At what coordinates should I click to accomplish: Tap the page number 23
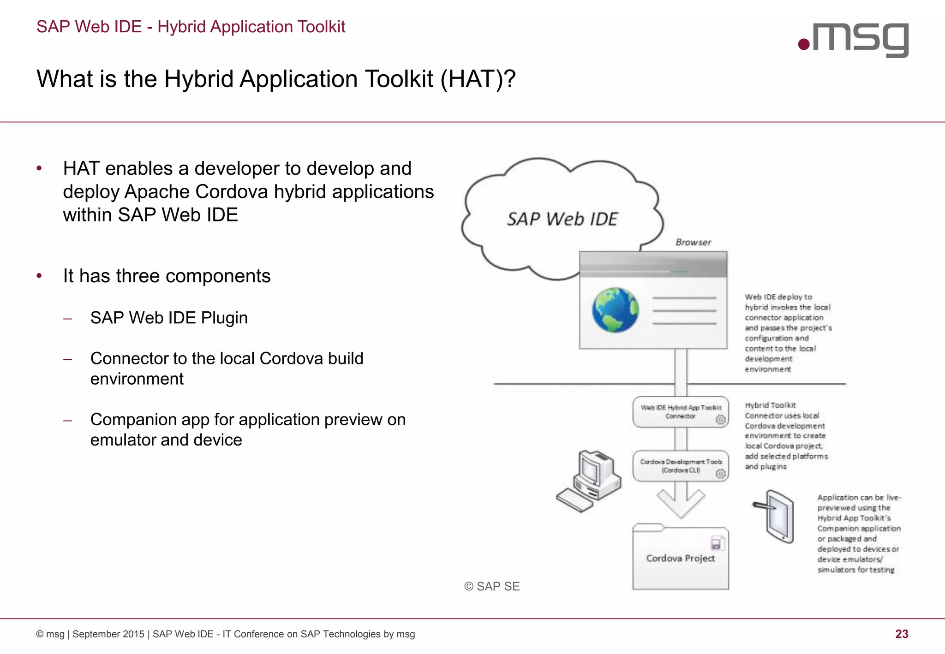coord(902,634)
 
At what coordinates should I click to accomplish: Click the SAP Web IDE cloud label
coord(562,219)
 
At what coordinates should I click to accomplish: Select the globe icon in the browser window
coord(615,310)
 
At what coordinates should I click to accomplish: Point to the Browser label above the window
coord(693,242)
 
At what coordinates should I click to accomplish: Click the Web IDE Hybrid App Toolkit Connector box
coord(681,412)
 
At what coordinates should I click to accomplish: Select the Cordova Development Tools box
coord(681,466)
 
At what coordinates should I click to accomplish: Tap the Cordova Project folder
coord(681,559)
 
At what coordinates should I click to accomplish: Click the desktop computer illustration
coord(590,481)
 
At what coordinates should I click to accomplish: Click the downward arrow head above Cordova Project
coord(681,505)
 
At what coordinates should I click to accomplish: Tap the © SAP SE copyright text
coord(492,586)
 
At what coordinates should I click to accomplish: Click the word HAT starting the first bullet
coord(81,169)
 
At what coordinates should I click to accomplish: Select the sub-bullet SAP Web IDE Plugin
coord(169,318)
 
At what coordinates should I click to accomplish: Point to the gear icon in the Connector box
coord(720,420)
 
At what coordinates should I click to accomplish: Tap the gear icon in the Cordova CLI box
coord(720,474)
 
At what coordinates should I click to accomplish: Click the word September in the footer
coord(108,634)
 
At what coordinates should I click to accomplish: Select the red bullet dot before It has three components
coord(39,276)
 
